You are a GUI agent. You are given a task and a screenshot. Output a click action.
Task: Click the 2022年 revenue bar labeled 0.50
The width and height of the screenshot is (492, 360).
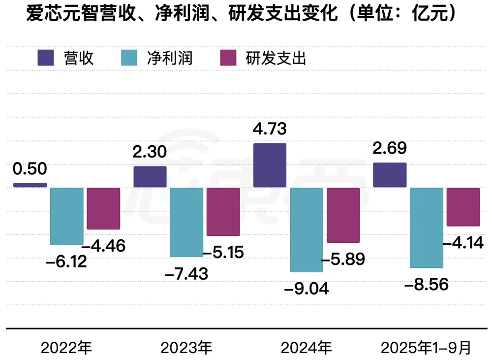(30, 185)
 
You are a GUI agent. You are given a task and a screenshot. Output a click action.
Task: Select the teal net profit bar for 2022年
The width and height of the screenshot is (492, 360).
(67, 216)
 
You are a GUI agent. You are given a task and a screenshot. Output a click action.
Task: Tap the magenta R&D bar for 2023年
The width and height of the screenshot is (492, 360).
(223, 211)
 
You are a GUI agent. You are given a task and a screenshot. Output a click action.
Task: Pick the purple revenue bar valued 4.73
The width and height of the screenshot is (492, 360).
(270, 165)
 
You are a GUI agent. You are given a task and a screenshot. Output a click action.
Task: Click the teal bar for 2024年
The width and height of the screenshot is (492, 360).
(307, 229)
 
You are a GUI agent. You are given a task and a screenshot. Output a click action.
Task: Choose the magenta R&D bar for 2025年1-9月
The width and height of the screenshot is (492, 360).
(463, 207)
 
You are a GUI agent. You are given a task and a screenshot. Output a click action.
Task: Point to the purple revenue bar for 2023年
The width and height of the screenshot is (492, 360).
(150, 177)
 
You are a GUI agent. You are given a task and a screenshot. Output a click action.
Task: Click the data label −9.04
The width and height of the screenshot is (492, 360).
(306, 288)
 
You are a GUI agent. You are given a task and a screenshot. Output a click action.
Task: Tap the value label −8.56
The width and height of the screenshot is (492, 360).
(426, 284)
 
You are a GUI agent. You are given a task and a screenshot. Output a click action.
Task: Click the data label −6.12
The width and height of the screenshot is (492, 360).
(66, 262)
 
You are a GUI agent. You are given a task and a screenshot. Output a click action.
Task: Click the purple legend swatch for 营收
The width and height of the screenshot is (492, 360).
(46, 58)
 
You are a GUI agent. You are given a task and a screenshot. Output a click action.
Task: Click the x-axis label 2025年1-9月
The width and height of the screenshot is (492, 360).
(426, 348)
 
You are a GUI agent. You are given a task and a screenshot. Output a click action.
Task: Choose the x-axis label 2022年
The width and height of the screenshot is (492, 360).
(66, 348)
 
